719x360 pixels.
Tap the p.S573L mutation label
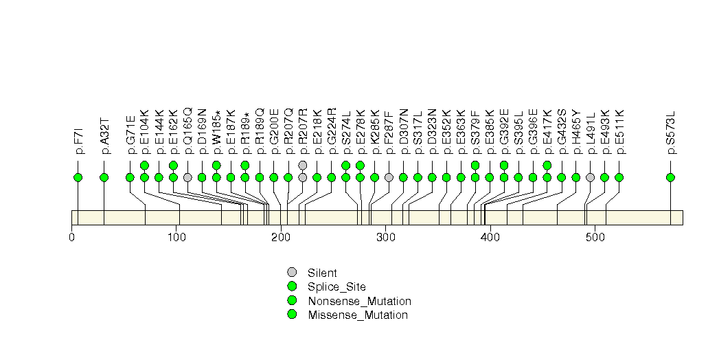tap(671, 131)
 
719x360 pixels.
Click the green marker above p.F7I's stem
tap(78, 177)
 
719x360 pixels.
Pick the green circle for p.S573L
tap(670, 177)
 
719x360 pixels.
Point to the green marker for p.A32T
tap(104, 177)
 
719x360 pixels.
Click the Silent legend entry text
tap(322, 273)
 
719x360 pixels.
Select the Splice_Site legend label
tap(336, 286)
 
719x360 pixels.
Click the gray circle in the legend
tap(292, 272)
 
